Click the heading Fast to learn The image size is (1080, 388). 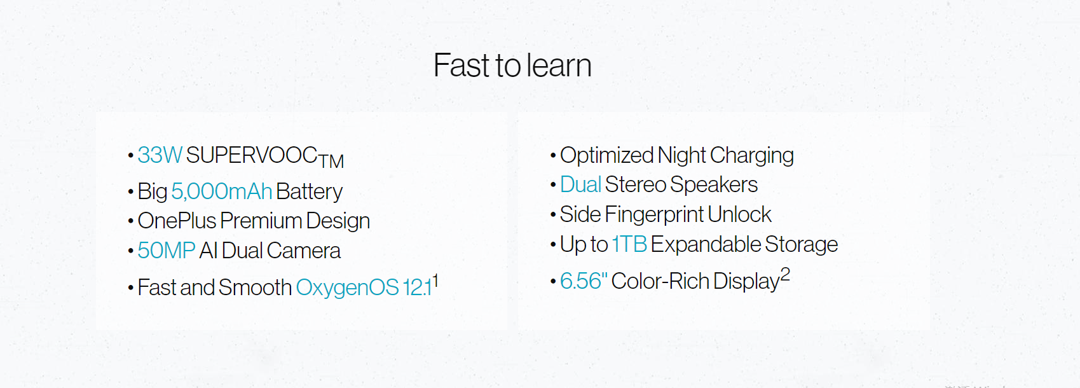[512, 66]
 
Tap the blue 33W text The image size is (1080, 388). [160, 155]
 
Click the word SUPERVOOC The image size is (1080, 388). [252, 155]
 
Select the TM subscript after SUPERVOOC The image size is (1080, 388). [331, 161]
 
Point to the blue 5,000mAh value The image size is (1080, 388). [222, 191]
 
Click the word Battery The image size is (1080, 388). [309, 191]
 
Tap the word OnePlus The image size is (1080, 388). [177, 221]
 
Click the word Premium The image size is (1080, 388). [261, 221]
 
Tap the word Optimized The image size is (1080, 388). [606, 156]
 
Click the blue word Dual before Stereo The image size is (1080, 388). [580, 185]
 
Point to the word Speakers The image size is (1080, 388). [714, 185]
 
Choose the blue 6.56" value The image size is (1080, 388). [584, 281]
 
